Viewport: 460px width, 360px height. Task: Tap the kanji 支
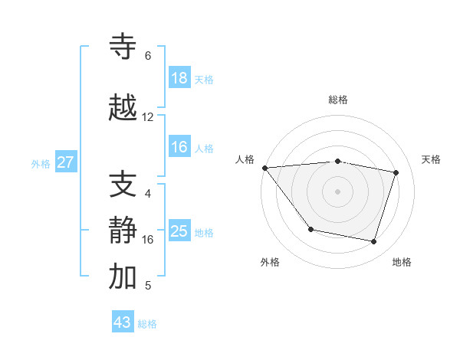pos(123,185)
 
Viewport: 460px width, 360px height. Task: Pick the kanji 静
pos(123,231)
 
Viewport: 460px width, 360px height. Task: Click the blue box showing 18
pos(179,78)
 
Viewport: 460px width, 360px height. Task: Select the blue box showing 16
pos(179,147)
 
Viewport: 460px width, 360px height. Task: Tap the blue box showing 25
pos(179,231)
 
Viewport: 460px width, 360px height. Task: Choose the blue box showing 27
pos(66,162)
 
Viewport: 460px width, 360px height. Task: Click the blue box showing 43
pos(123,322)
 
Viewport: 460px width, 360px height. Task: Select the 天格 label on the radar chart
pos(431,159)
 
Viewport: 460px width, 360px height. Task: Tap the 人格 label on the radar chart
pos(245,159)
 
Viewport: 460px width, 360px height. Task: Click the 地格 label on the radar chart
pos(402,262)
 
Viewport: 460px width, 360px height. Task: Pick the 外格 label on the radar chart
pos(270,262)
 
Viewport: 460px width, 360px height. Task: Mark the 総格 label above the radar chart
pos(338,100)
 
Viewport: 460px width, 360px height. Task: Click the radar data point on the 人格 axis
pos(264,168)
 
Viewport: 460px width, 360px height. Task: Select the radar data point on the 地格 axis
pos(373,242)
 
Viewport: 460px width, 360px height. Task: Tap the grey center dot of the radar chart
pos(337,191)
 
